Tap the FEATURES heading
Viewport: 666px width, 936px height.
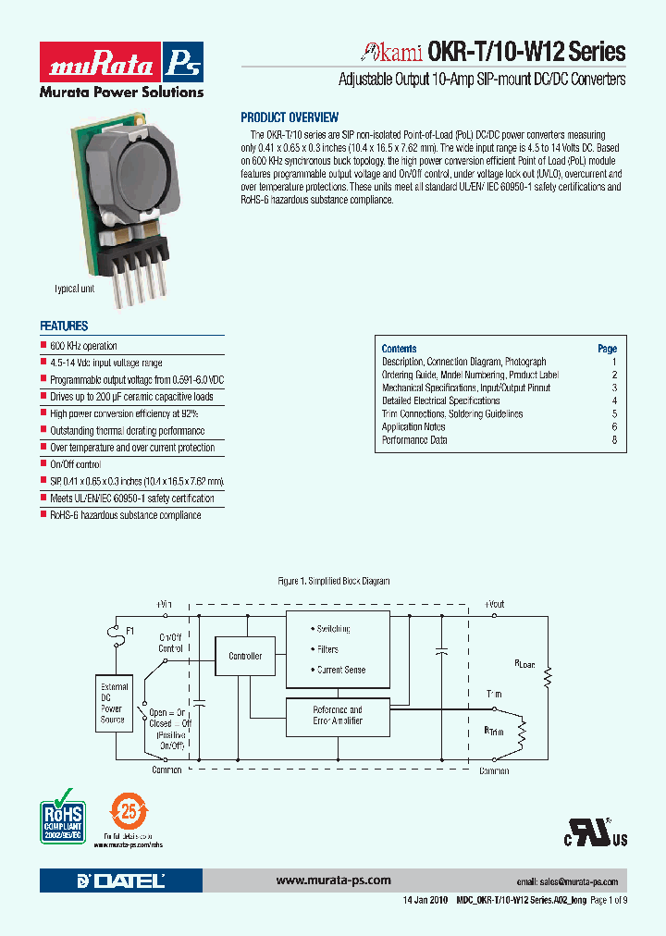(64, 326)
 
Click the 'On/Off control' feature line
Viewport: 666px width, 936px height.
(75, 464)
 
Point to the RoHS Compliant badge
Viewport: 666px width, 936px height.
(63, 814)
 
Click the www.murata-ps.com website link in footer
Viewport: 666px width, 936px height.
(334, 881)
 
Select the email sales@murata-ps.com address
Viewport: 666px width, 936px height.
(566, 882)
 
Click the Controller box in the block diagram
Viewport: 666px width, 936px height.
(245, 656)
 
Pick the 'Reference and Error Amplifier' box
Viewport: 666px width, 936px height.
(338, 715)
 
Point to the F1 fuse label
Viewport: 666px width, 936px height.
(130, 631)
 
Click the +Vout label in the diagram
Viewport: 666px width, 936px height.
(495, 604)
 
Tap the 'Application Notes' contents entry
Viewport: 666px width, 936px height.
(413, 427)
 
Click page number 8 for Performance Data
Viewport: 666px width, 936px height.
(613, 440)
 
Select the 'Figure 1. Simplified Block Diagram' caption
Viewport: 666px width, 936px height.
(334, 581)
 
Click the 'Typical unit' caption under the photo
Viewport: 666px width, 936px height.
(75, 289)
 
